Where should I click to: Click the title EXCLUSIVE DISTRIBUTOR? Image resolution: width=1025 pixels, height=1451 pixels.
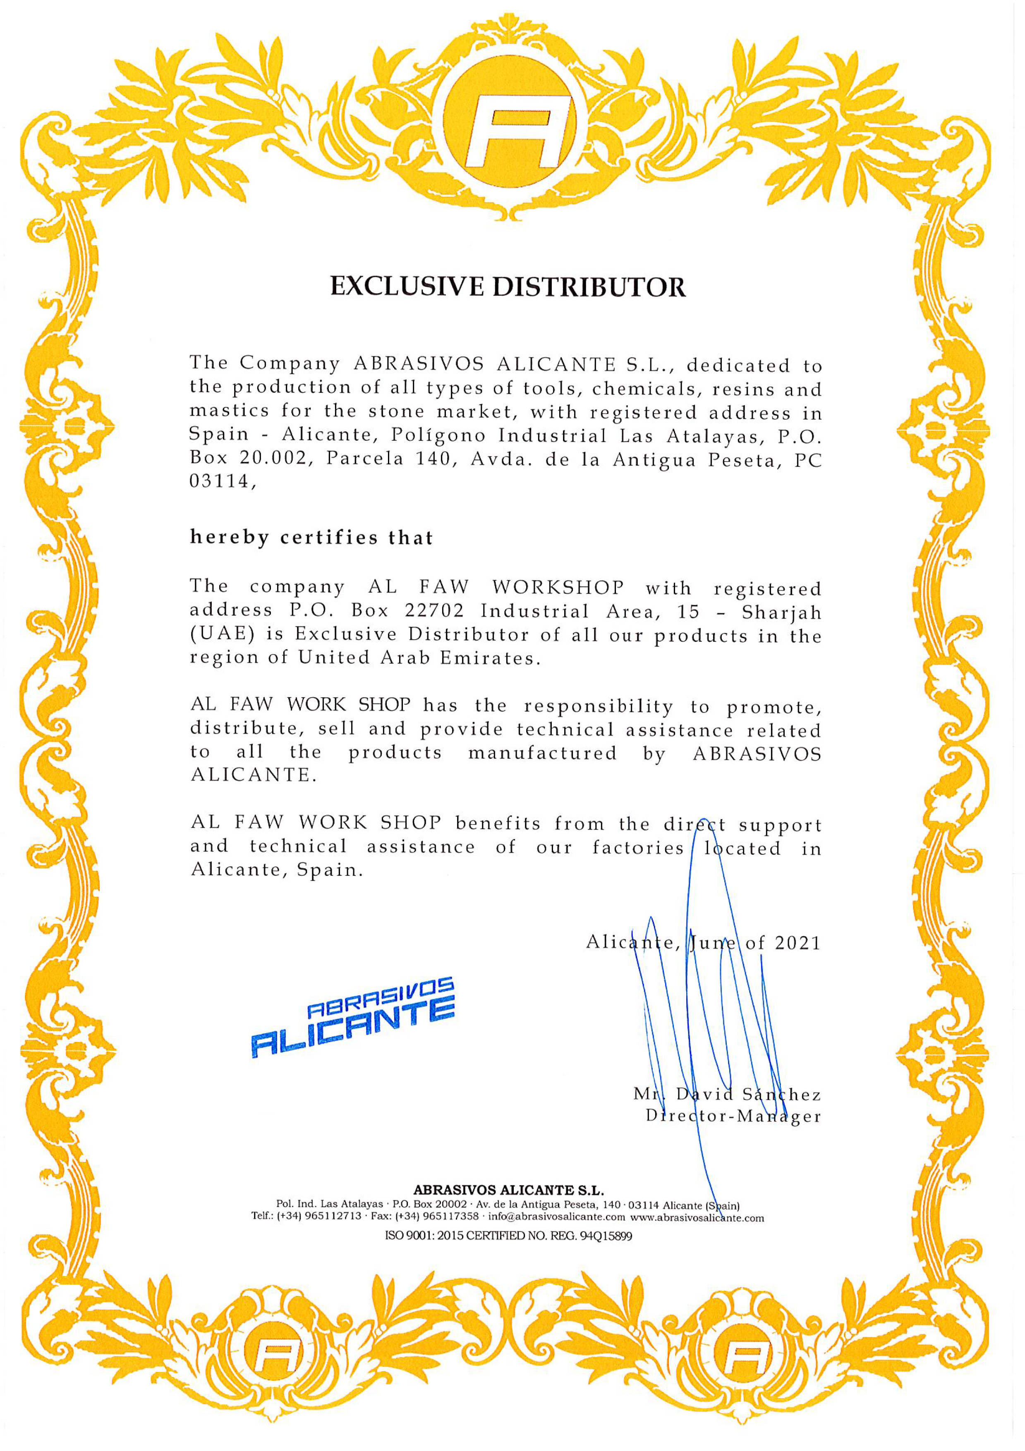[508, 287]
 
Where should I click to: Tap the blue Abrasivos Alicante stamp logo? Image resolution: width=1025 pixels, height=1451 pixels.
[353, 1018]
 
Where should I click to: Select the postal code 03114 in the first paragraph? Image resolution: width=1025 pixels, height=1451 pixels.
[220, 482]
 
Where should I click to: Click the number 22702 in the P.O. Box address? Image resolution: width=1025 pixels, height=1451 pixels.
[434, 611]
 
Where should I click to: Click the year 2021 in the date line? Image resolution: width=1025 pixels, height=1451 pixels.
[797, 944]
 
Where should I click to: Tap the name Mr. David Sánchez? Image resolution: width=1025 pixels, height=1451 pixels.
[727, 1094]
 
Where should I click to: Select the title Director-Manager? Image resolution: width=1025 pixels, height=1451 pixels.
[733, 1116]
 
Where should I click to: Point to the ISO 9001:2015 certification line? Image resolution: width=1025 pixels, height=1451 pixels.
[508, 1236]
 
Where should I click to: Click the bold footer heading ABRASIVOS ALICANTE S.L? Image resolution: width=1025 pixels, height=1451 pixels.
[508, 1190]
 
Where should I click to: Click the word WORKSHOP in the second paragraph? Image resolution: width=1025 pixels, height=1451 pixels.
[558, 587]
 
